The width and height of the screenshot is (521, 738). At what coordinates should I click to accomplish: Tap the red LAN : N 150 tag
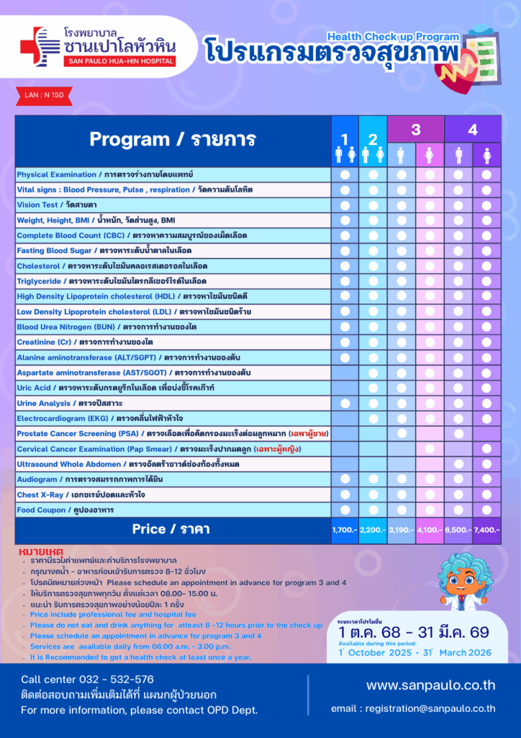point(39,94)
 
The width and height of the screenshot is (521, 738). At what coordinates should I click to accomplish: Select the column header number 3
point(416,130)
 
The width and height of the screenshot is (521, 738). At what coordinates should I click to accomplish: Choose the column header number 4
point(473,130)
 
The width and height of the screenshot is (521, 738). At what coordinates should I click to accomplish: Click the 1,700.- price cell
point(345,530)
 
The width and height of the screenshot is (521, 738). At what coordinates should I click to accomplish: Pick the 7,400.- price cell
point(486,530)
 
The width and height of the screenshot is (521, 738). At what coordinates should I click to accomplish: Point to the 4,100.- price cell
point(430,530)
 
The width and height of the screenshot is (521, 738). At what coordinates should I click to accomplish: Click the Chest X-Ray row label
point(81,494)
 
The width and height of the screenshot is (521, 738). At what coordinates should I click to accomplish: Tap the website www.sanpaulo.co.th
point(430,685)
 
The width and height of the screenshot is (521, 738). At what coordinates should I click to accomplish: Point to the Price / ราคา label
point(171,529)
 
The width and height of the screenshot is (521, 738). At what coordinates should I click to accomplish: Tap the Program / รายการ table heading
point(172,139)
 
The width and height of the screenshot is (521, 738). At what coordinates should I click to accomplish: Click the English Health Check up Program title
point(393,36)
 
